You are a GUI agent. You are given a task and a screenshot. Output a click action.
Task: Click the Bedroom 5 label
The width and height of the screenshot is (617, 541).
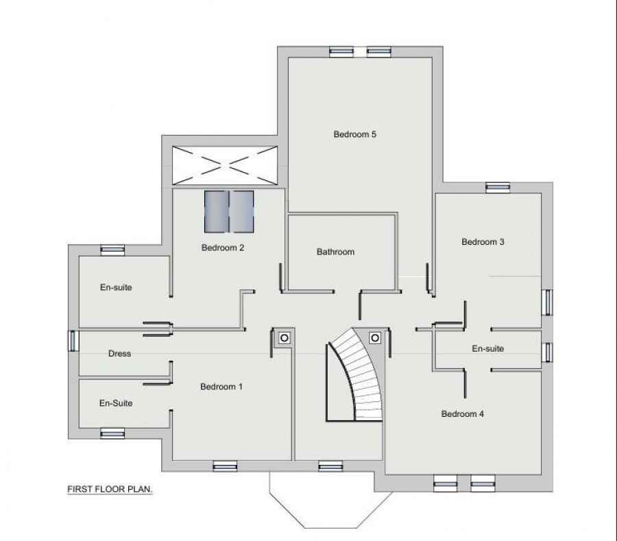point(354,134)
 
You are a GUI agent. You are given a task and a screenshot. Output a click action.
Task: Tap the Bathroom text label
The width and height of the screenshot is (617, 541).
point(335,252)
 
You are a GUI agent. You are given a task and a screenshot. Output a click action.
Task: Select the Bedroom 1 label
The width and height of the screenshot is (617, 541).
point(221,387)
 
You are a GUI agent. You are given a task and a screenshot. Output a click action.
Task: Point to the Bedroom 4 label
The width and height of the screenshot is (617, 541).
point(463,413)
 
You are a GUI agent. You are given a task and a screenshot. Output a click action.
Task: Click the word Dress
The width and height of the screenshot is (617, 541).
point(119,354)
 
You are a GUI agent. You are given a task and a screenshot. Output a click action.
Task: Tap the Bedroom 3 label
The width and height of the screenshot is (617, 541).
point(483,241)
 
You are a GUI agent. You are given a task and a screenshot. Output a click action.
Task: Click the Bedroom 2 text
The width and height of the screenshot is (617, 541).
point(223,248)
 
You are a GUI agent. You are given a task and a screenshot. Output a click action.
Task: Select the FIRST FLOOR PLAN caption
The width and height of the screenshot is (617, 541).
point(109,490)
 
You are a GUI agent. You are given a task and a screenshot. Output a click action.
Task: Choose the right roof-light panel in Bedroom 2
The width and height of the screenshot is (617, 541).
point(242,212)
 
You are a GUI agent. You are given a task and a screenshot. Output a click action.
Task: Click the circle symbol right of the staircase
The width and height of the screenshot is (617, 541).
point(375,337)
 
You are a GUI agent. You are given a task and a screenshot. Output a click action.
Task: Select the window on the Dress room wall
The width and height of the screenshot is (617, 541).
point(73,341)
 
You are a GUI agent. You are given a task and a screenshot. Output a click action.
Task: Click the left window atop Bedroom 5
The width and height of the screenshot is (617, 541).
point(340,51)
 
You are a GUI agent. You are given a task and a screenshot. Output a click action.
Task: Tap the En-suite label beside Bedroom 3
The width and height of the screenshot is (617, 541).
point(487,348)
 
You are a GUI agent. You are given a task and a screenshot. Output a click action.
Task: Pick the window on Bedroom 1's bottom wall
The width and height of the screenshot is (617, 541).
point(224,466)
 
